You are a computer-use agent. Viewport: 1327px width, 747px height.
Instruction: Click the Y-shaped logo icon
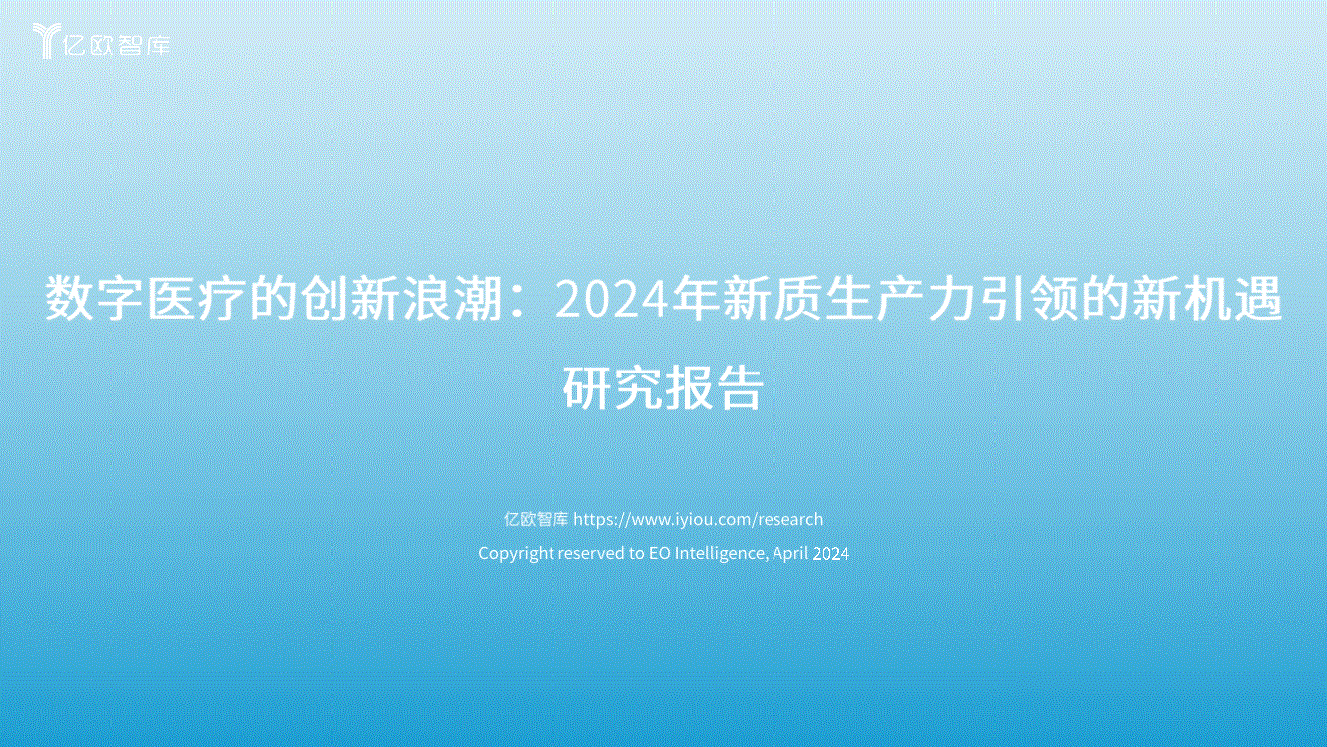(x=46, y=40)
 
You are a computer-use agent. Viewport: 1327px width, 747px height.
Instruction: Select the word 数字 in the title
(x=95, y=298)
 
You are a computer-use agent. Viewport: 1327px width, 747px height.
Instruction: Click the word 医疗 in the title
(x=197, y=298)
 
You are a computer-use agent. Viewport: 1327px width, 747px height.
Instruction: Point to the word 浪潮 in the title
(x=453, y=298)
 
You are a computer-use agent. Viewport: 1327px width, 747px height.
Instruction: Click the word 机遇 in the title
(x=1232, y=298)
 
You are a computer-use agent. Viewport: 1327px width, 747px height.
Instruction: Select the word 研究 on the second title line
(x=612, y=387)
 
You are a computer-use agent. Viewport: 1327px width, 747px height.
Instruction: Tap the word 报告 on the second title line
(x=713, y=387)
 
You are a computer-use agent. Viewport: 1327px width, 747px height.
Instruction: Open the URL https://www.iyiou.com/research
(x=699, y=519)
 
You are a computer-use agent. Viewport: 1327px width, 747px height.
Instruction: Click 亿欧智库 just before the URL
(x=537, y=519)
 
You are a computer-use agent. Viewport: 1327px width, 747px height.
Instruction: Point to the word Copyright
(x=516, y=553)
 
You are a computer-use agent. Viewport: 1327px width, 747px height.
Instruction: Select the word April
(x=790, y=553)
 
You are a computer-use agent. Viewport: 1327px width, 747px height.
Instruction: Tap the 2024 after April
(x=831, y=554)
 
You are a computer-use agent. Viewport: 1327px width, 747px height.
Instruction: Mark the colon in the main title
(x=518, y=301)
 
